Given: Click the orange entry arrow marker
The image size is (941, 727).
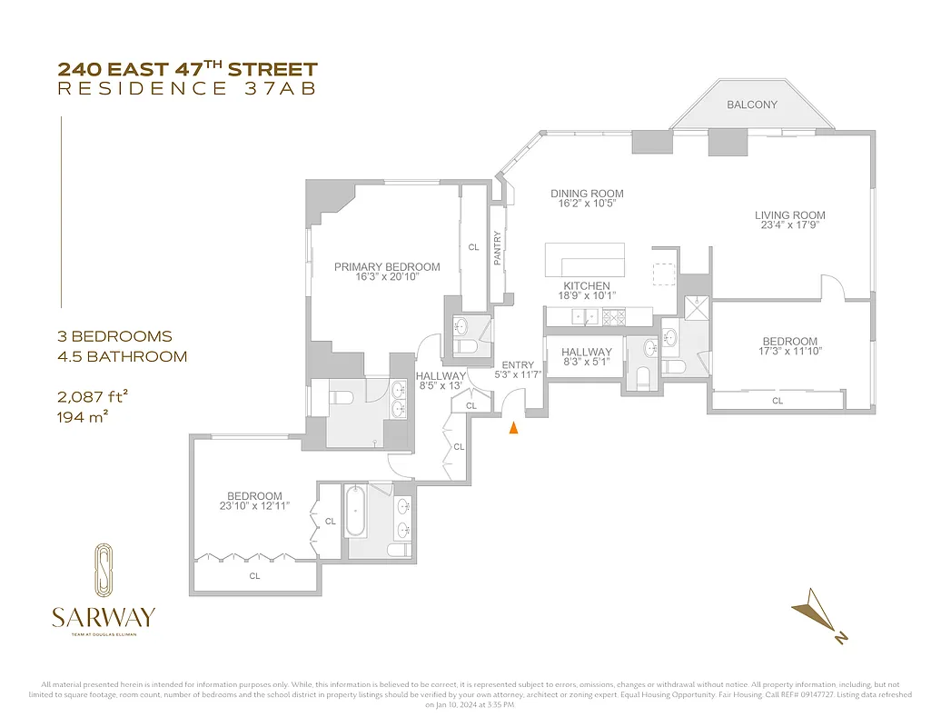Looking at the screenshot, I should click(x=513, y=428).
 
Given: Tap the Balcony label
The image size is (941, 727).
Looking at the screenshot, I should click(x=751, y=105).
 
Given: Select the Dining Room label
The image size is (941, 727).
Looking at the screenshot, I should click(x=587, y=194).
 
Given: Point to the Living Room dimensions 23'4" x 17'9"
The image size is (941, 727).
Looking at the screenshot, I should click(x=789, y=225).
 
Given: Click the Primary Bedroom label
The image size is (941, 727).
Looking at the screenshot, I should click(x=387, y=267).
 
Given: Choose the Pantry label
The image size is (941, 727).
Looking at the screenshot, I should click(x=497, y=247).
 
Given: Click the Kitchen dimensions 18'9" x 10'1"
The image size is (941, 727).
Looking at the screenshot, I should click(x=586, y=296).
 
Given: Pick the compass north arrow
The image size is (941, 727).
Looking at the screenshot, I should click(x=816, y=619).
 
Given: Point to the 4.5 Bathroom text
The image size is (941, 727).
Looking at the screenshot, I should click(x=122, y=356).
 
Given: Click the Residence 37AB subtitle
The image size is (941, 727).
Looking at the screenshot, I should click(x=186, y=88).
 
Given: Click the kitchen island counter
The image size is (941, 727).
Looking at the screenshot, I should click(x=585, y=260).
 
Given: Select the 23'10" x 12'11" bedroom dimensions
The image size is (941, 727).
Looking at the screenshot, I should click(x=254, y=506).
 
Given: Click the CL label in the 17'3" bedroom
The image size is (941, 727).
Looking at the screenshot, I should click(x=778, y=400).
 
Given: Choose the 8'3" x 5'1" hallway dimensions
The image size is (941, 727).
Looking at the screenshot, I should click(x=586, y=362).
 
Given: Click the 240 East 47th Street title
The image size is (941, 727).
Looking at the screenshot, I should click(x=188, y=69).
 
